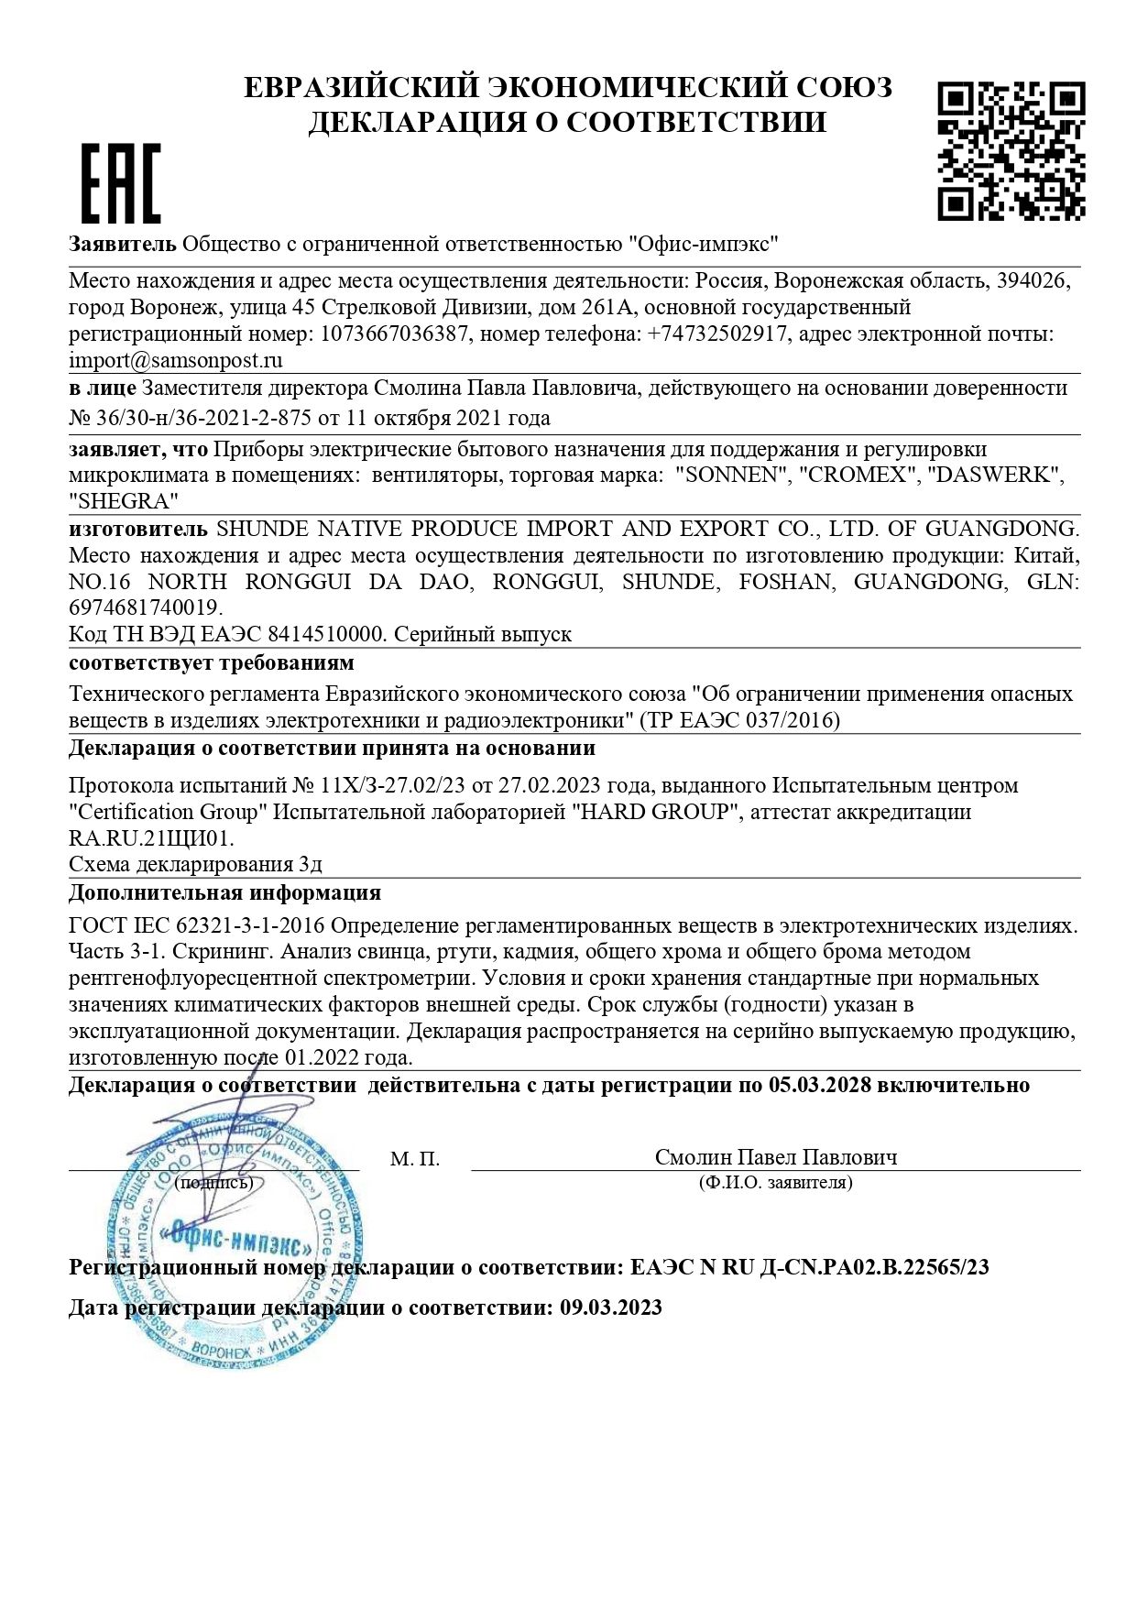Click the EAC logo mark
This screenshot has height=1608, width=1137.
(121, 182)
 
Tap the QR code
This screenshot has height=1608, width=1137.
(1011, 150)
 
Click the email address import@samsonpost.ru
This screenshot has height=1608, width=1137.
(176, 360)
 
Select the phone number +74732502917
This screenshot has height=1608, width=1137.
(716, 334)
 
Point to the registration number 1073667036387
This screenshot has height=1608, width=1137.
(394, 334)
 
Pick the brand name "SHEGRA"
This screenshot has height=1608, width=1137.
(124, 501)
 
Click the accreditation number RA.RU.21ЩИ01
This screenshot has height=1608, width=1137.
(150, 837)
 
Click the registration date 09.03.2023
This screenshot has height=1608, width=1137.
(611, 1307)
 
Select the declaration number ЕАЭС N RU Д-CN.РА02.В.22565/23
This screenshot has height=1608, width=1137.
(810, 1268)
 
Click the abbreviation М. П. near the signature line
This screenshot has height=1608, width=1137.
(414, 1159)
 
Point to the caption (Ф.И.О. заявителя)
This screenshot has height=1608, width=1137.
(775, 1183)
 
